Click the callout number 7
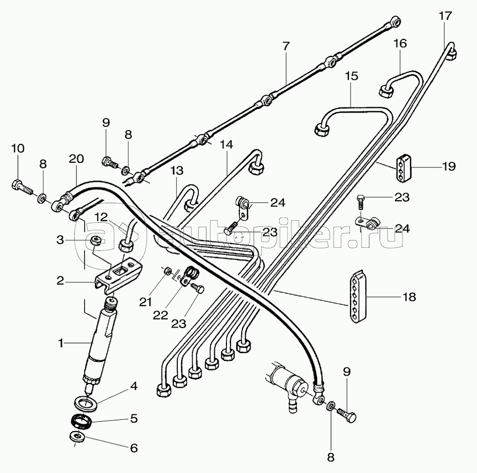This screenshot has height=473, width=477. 286,46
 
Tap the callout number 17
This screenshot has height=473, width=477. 445,15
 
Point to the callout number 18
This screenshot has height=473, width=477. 409,296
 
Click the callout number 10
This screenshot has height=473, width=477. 17,148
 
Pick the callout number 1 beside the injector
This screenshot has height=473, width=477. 61,344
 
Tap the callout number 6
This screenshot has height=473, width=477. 133,448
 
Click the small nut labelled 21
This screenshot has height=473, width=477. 167,271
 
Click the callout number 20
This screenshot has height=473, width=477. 76,160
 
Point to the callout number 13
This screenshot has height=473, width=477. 176,169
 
